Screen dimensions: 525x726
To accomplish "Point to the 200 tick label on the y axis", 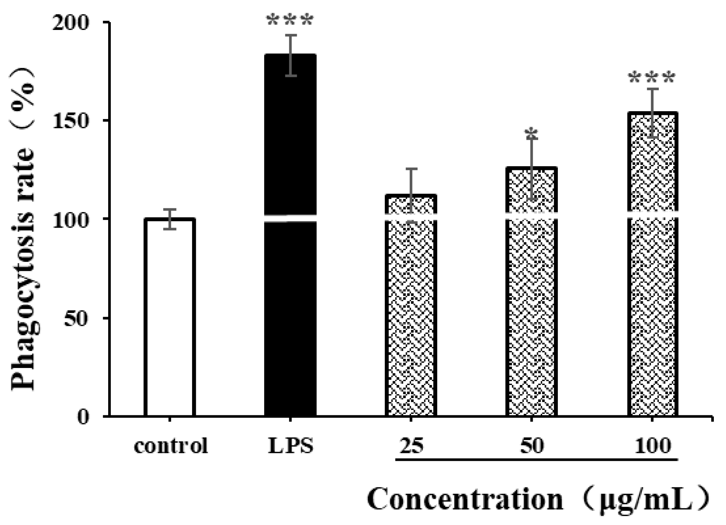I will pos(71,23).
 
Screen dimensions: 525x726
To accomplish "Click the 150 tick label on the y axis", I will pos(71,121).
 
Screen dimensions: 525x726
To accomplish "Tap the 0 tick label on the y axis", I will pos(83,417).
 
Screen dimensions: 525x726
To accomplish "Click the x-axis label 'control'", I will pos(171,446).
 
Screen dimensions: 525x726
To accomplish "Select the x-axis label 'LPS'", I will pos(291,446).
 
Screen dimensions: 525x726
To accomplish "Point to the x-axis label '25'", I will pos(411,446).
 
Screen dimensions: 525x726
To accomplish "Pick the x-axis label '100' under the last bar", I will pos(653,446).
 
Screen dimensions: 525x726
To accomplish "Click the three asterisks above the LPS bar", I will pos(290,20).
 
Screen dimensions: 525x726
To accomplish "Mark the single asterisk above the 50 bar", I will pos(531,134).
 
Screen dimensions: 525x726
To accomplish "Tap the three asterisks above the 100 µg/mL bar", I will pos(652,78).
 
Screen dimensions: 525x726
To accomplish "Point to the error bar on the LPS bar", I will pos(291,55).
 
